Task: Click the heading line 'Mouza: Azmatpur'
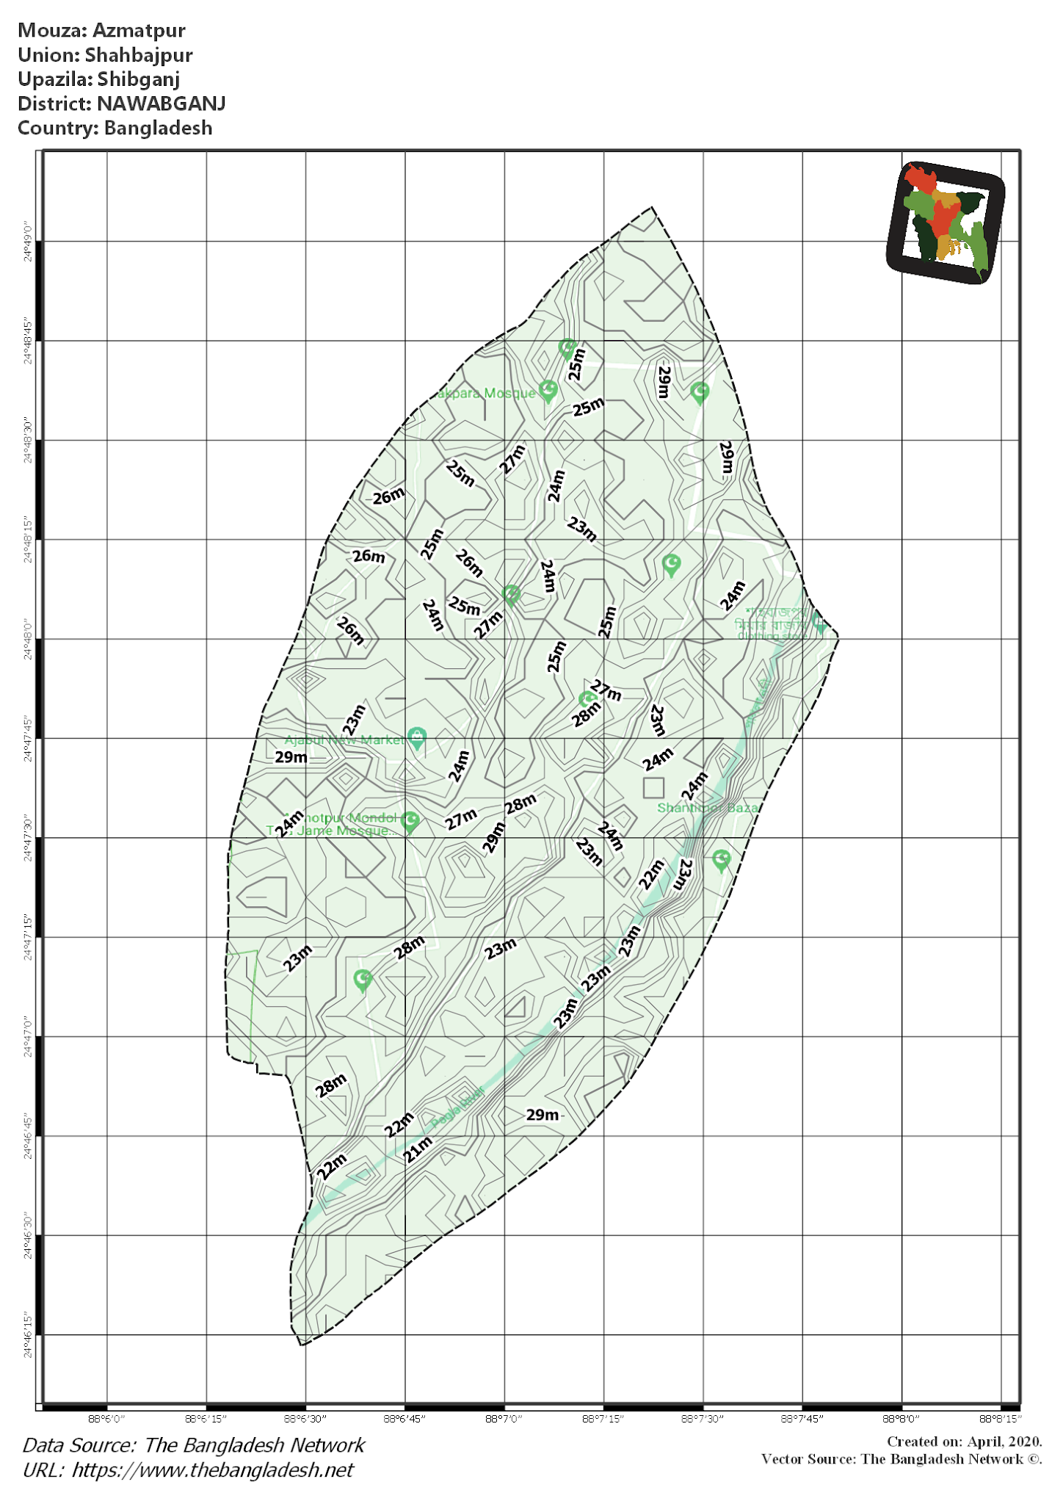[101, 31]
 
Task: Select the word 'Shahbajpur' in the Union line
[139, 55]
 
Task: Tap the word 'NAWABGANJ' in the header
[161, 104]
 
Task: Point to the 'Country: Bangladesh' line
[115, 128]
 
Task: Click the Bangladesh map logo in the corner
[946, 223]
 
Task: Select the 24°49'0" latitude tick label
[28, 241]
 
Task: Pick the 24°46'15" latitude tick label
[28, 1334]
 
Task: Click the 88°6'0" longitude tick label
[107, 1418]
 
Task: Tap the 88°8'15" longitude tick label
[1001, 1418]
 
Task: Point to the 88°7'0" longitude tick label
[504, 1418]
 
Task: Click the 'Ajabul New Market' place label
[344, 740]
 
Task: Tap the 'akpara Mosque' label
[486, 394]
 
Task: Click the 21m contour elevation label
[418, 1149]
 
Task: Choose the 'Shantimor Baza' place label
[707, 808]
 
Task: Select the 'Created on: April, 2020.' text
[964, 1442]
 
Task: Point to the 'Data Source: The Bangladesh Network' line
[194, 1445]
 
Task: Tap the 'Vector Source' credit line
[901, 1458]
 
